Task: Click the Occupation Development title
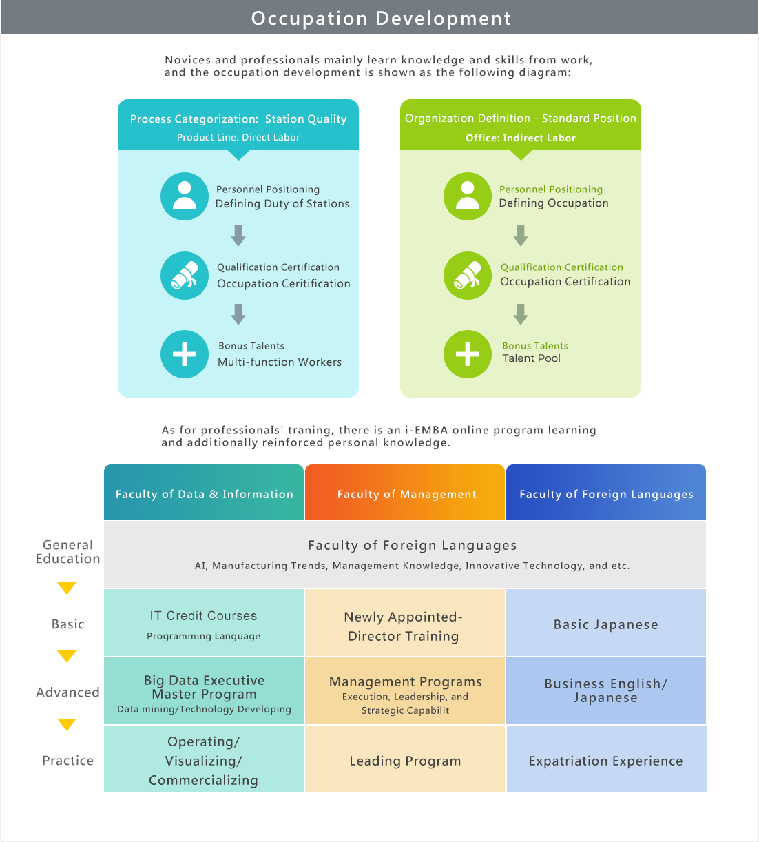click(x=381, y=19)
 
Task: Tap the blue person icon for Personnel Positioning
click(x=184, y=196)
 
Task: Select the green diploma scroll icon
click(x=468, y=276)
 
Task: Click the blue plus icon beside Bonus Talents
click(x=184, y=354)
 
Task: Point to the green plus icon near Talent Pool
click(x=468, y=354)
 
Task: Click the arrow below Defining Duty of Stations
click(x=238, y=236)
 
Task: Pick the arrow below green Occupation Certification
click(x=521, y=314)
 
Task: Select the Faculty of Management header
click(x=405, y=492)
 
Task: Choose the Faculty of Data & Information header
click(x=204, y=492)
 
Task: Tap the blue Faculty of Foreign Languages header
click(x=606, y=492)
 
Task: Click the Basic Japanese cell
click(x=606, y=622)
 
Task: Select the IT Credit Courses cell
click(x=204, y=622)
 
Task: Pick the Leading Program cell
click(x=405, y=759)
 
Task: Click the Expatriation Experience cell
click(x=606, y=759)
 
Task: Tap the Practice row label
click(x=68, y=760)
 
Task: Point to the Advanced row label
click(x=68, y=692)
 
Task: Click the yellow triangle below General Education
click(x=67, y=588)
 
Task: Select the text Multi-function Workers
click(x=280, y=362)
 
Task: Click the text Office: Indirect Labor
click(x=521, y=138)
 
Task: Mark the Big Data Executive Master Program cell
click(x=204, y=690)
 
